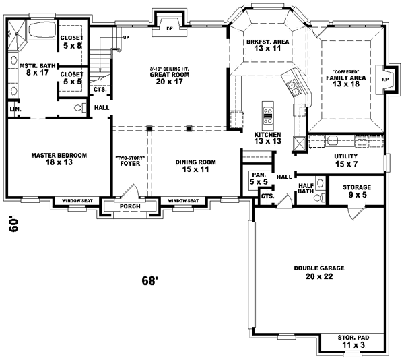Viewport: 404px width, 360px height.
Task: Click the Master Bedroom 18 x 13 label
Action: (59, 159)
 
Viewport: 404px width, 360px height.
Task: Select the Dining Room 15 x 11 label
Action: (195, 166)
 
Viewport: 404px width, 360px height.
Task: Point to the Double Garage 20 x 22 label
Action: (318, 272)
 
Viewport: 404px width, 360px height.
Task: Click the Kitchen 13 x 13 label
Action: (267, 138)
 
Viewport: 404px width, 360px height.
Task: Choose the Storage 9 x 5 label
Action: (357, 191)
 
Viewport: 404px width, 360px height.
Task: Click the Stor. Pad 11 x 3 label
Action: (347, 341)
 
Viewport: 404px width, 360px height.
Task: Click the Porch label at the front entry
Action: (129, 207)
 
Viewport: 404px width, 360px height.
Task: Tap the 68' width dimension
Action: (149, 280)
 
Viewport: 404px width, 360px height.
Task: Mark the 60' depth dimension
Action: (13, 225)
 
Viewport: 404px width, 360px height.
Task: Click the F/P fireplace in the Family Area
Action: (384, 79)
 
